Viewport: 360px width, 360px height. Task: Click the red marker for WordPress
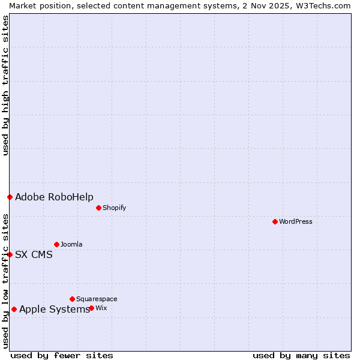(x=275, y=221)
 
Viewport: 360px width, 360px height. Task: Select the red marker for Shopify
(x=98, y=208)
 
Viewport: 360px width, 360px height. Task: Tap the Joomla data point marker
(x=56, y=244)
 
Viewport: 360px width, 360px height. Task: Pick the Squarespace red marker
(x=72, y=299)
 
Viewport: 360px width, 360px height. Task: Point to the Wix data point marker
(x=91, y=308)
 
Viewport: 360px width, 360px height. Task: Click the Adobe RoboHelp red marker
(x=10, y=197)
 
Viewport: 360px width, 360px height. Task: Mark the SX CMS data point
(x=10, y=254)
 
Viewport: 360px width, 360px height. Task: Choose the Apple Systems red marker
(x=14, y=309)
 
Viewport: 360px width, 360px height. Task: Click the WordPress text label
(x=296, y=221)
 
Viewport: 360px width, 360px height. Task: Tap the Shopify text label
(x=115, y=208)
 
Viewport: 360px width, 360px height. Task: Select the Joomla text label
(x=71, y=244)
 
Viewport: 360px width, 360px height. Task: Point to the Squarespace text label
(x=97, y=299)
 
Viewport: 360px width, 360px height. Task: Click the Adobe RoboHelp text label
(x=54, y=197)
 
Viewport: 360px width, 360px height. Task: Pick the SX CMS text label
(x=34, y=254)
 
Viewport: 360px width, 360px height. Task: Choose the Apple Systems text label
(x=55, y=310)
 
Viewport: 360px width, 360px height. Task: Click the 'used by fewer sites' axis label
(x=62, y=355)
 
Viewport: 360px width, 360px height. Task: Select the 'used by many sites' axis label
(x=301, y=355)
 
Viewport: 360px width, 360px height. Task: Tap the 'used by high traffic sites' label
(x=5, y=85)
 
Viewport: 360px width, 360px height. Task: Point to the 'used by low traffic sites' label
(x=5, y=281)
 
